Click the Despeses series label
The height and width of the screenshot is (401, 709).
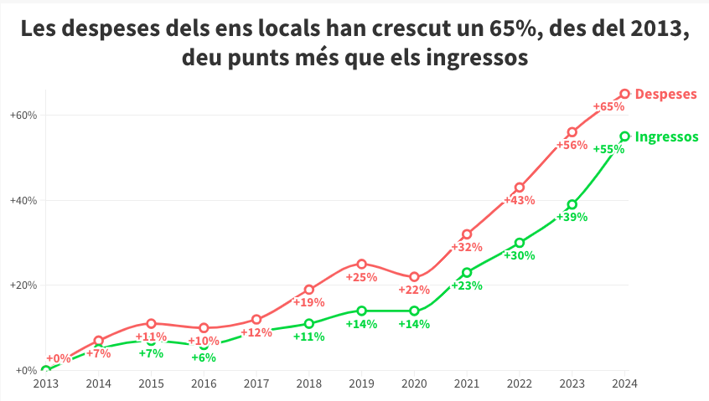[666, 94]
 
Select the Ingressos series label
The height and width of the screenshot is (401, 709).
[667, 136]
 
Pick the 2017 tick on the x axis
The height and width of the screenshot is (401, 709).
[256, 384]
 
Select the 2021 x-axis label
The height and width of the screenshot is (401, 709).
[467, 384]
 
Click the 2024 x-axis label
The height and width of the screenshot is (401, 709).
[624, 384]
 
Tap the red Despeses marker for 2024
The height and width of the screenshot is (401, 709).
[624, 94]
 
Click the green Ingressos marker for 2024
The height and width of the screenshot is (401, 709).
[624, 136]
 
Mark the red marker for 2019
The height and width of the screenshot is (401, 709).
[362, 264]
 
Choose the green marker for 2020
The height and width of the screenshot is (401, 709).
[414, 311]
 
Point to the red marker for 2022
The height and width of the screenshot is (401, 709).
[520, 188]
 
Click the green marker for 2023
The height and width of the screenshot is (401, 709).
[572, 204]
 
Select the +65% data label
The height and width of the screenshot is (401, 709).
[608, 106]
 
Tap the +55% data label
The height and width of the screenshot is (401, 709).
[608, 149]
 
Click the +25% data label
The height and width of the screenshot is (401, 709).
[362, 277]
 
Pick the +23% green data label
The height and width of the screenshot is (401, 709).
[467, 285]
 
